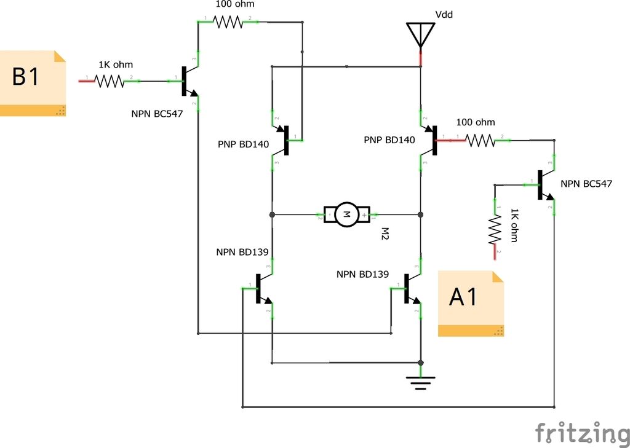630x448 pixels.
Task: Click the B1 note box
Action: [x=33, y=84]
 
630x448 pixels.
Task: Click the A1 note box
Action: [x=471, y=304]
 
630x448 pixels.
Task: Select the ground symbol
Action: [x=421, y=383]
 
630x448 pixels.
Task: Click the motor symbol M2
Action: [x=347, y=214]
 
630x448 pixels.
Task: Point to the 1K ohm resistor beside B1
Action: [x=110, y=81]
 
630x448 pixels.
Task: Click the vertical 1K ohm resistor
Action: [x=495, y=229]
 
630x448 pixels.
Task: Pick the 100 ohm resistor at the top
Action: [x=228, y=22]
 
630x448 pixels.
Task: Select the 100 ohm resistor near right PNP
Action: [x=480, y=140]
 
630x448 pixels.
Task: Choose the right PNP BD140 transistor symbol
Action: [x=428, y=140]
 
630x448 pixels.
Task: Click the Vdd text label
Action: [x=444, y=15]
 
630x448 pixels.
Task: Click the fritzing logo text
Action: [x=583, y=433]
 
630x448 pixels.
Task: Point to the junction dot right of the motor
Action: [x=421, y=214]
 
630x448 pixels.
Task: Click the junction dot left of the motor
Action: [x=273, y=214]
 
